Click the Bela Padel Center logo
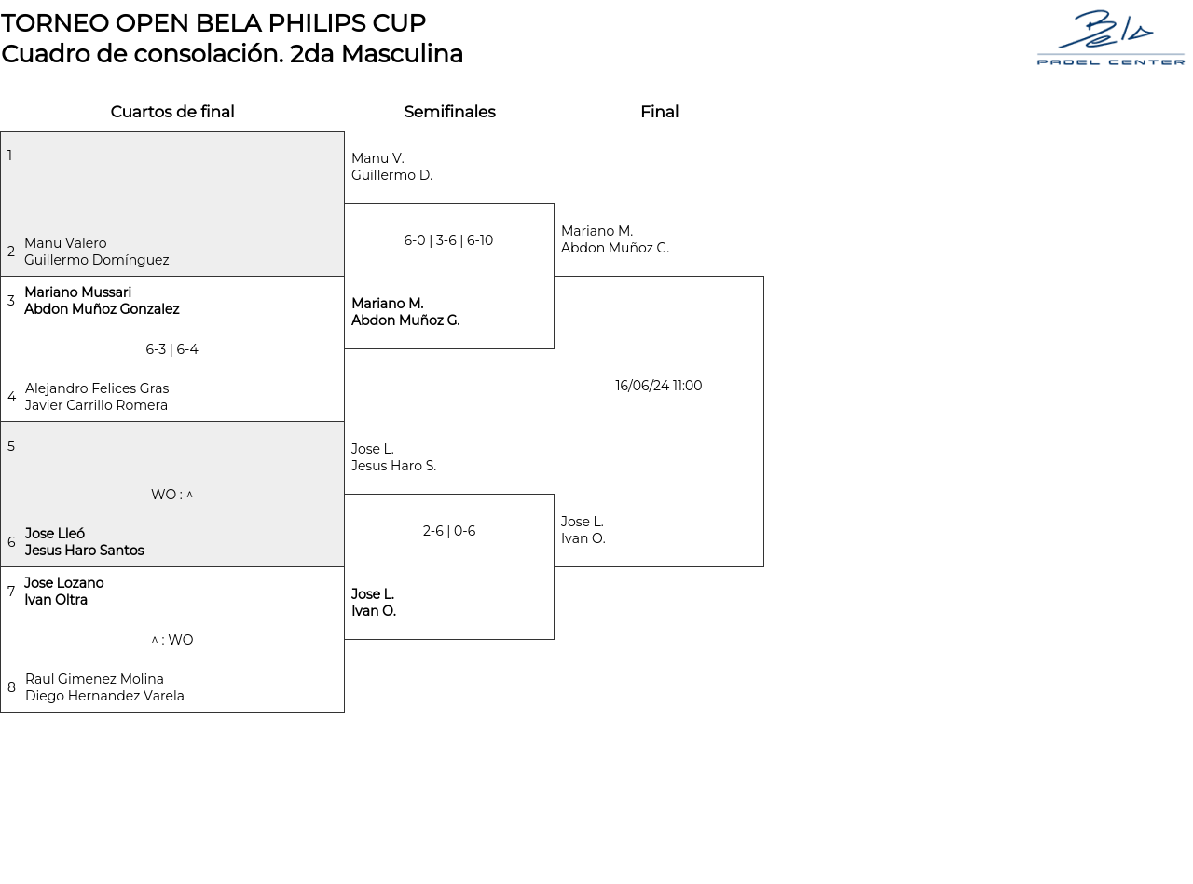[x=1110, y=38]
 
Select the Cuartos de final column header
[x=172, y=112]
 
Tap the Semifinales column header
[x=449, y=112]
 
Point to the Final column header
[x=659, y=112]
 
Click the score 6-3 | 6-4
[x=171, y=350]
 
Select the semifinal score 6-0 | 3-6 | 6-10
[x=448, y=240]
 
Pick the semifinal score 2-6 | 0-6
[x=449, y=531]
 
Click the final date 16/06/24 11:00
[x=658, y=386]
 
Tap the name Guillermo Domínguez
[x=97, y=260]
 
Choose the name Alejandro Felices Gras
[x=97, y=388]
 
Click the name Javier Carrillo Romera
[x=97, y=405]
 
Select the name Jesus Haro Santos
[x=85, y=551]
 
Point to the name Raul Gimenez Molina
[x=94, y=679]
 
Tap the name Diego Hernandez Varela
[x=104, y=696]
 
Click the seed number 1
[x=10, y=156]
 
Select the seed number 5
[x=11, y=446]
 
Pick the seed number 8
[x=11, y=687]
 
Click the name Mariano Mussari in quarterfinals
[x=78, y=292]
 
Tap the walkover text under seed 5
[x=171, y=495]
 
